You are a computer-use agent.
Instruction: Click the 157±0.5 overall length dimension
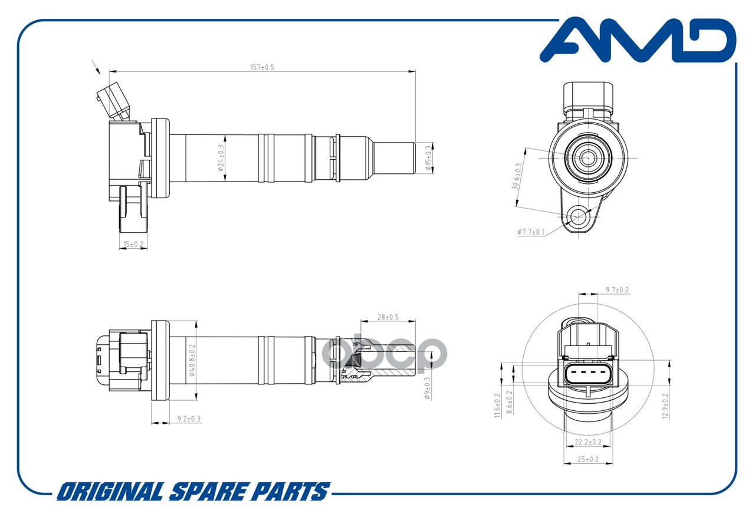point(262,67)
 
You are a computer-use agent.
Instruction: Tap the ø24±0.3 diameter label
point(221,158)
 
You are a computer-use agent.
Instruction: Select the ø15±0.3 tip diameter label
point(428,158)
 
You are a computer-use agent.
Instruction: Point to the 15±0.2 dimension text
point(133,244)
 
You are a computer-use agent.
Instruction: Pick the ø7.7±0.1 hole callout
point(531,232)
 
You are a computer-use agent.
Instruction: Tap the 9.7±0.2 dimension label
point(617,289)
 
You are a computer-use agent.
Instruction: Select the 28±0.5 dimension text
point(388,317)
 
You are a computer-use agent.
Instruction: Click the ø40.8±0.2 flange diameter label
point(192,360)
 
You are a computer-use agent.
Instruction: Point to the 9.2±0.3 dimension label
point(189,419)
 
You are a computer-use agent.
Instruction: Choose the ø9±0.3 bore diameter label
point(428,388)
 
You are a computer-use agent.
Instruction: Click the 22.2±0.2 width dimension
point(588,442)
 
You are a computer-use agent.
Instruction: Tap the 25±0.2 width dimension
point(588,459)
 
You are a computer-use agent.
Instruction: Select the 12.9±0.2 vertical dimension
point(665,406)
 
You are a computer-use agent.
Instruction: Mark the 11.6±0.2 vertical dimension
point(497,406)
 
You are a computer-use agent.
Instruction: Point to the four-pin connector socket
point(588,374)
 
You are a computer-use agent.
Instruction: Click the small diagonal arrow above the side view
point(96,67)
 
